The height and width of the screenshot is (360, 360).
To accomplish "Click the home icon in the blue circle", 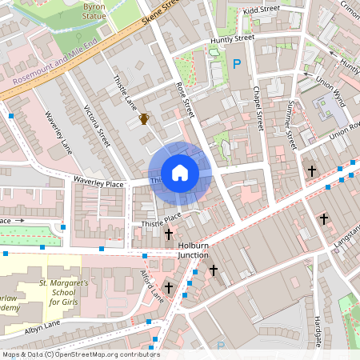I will (x=180, y=173).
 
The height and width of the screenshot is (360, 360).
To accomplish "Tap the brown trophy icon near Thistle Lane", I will (x=144, y=119).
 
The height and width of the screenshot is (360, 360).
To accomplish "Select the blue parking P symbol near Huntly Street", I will (x=236, y=63).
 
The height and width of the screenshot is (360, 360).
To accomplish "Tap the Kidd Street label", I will (x=262, y=10).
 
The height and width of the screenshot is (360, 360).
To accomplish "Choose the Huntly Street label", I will (x=232, y=38).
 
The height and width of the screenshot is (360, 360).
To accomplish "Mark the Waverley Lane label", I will (x=58, y=135).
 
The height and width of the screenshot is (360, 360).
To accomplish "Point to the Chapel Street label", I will (x=258, y=108).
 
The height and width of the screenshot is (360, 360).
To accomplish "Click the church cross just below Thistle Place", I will (x=169, y=234).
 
